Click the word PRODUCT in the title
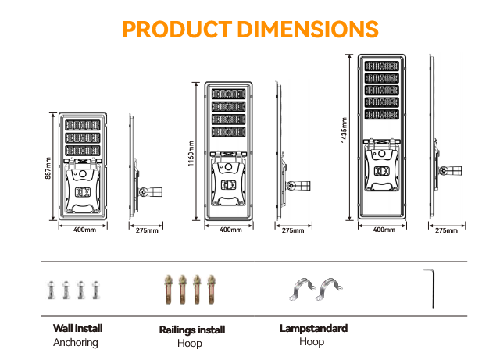171,30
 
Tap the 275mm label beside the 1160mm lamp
292,230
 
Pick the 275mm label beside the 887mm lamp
147,230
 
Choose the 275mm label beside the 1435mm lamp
445,230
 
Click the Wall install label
77,329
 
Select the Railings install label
191,330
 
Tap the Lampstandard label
313,329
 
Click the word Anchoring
76,342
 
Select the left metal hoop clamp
298,290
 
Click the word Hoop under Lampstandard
312,342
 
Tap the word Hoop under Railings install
190,344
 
